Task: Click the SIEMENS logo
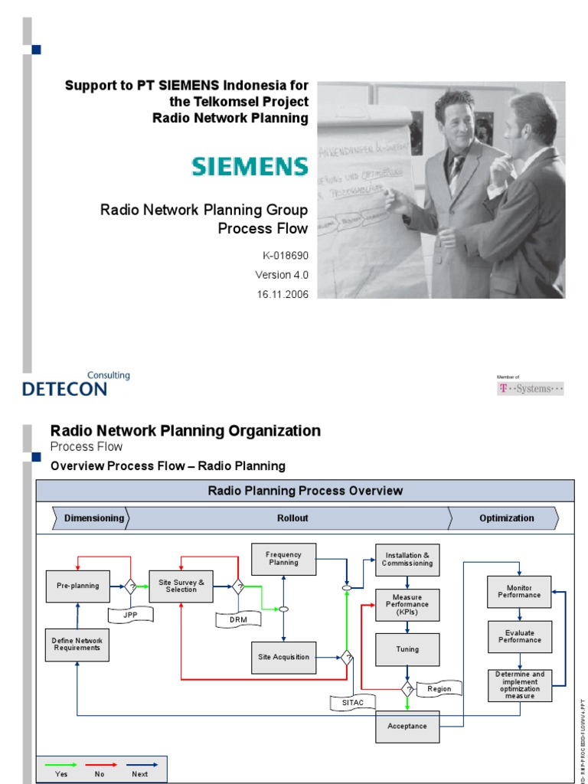250,167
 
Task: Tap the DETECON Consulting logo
76,385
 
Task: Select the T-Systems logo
531,388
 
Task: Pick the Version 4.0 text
282,274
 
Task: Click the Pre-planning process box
77,586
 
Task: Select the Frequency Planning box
283,559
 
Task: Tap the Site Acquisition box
283,657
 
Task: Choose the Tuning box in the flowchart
407,649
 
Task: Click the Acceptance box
407,726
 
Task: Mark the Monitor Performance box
519,591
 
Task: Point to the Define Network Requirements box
77,645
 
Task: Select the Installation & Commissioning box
407,559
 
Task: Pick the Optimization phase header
506,518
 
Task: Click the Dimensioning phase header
93,518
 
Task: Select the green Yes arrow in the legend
61,765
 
